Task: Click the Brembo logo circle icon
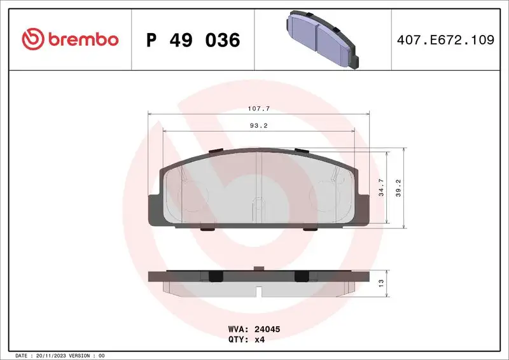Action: [x=32, y=39]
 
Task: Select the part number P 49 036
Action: [x=193, y=40]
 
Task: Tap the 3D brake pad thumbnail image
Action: [x=321, y=38]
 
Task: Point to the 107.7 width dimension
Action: [x=259, y=109]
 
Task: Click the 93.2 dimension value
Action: [x=259, y=125]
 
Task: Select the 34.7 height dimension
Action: [x=381, y=189]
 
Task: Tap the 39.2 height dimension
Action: [x=399, y=188]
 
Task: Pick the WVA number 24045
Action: [x=267, y=330]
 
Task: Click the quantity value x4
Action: [x=260, y=340]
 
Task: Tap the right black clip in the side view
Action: [x=302, y=275]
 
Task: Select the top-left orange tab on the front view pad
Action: [x=216, y=150]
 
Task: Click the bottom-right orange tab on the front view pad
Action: [x=310, y=229]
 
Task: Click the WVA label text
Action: [x=237, y=330]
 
